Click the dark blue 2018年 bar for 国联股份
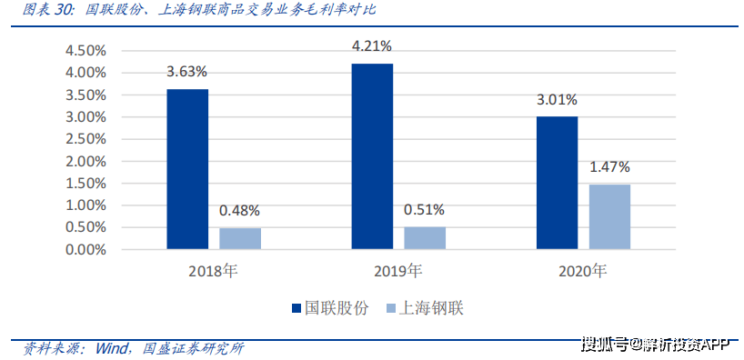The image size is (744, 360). [x=187, y=169]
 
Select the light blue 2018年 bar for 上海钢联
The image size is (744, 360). [x=240, y=238]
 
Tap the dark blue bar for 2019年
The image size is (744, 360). [x=372, y=156]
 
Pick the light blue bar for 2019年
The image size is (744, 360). [x=425, y=237]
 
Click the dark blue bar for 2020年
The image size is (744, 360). [x=557, y=183]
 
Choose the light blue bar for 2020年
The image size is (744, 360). [x=609, y=216]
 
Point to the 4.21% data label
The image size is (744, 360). [x=372, y=46]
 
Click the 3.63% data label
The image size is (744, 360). [x=187, y=72]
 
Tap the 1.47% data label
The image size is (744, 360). [x=609, y=167]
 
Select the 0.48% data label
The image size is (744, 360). [x=239, y=211]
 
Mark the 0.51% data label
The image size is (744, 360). [x=425, y=210]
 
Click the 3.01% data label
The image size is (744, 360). [x=557, y=100]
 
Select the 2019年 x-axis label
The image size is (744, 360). [x=397, y=272]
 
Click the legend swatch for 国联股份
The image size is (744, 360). [x=297, y=309]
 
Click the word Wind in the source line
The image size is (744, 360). [x=112, y=348]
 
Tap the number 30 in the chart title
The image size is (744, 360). [x=61, y=10]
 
